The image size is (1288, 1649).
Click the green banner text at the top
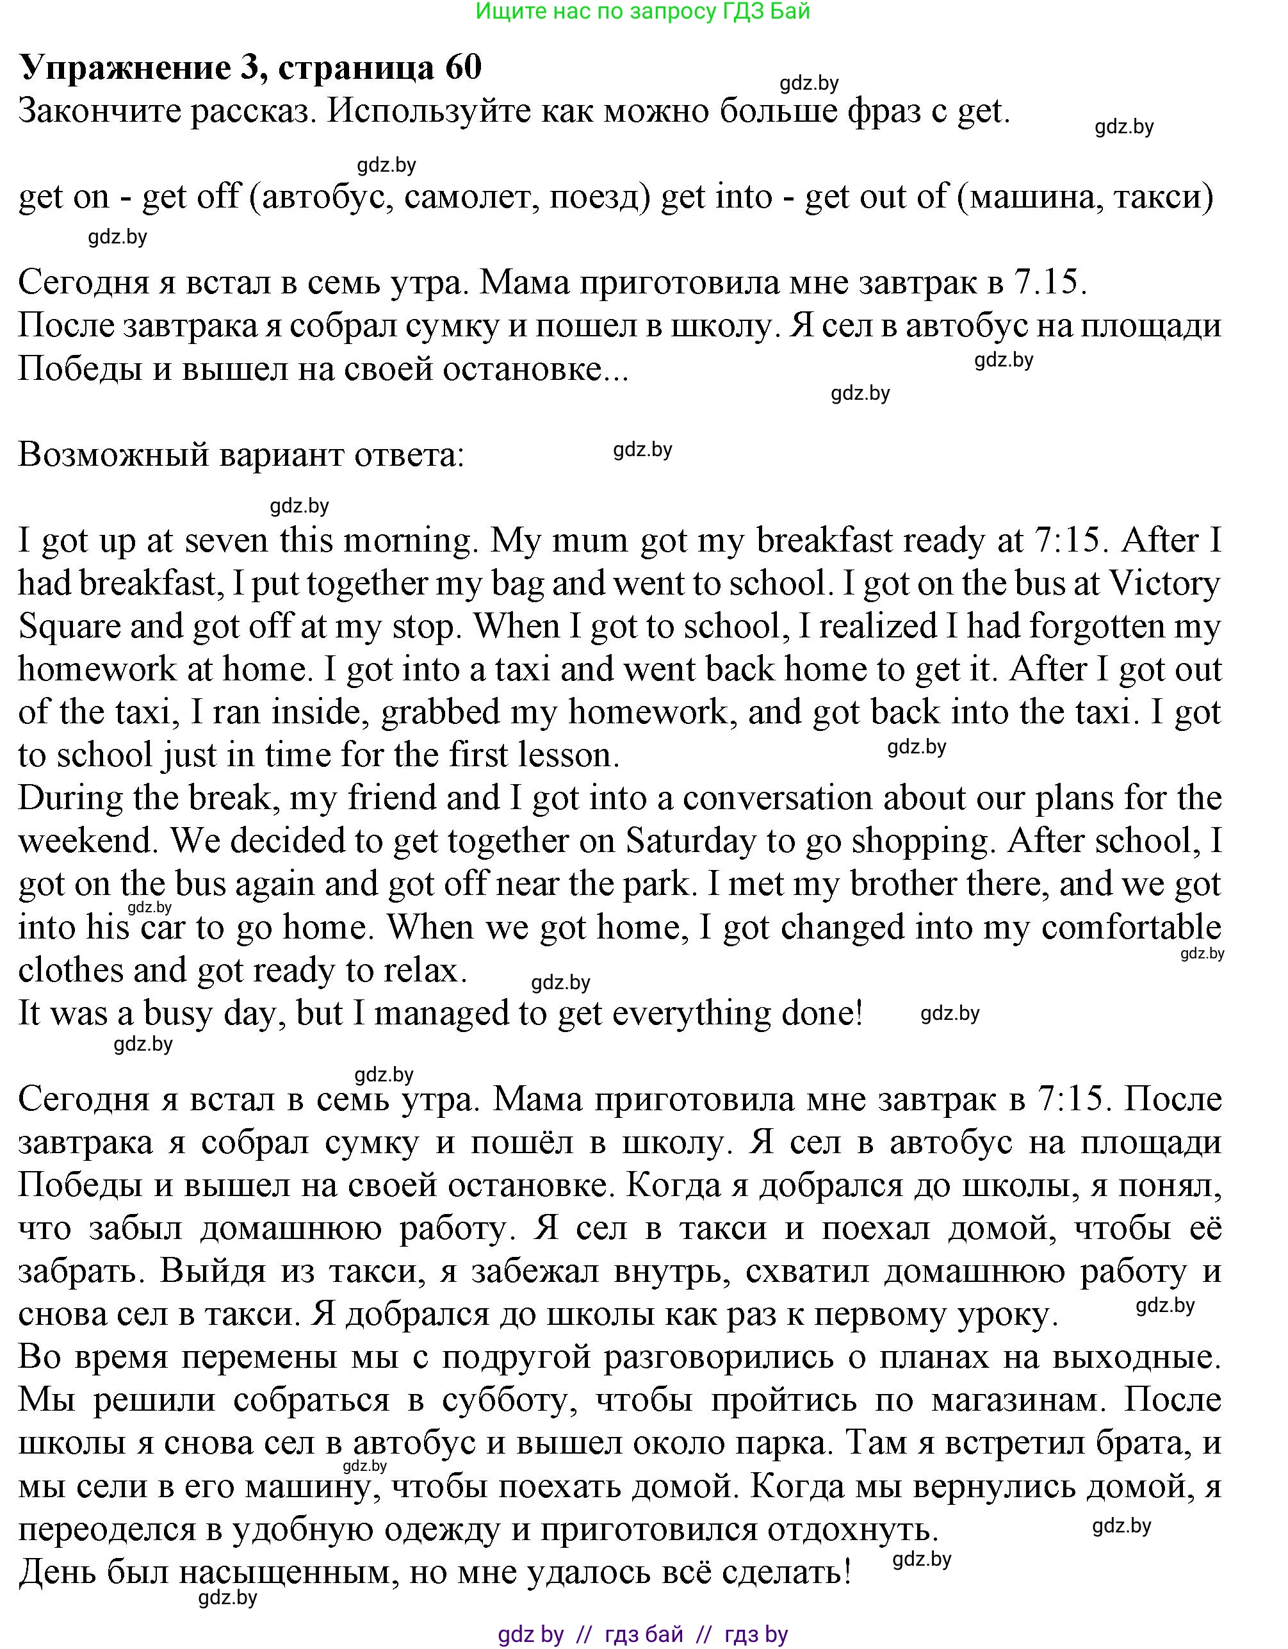[643, 12]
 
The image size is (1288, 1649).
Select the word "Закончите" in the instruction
[98, 111]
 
